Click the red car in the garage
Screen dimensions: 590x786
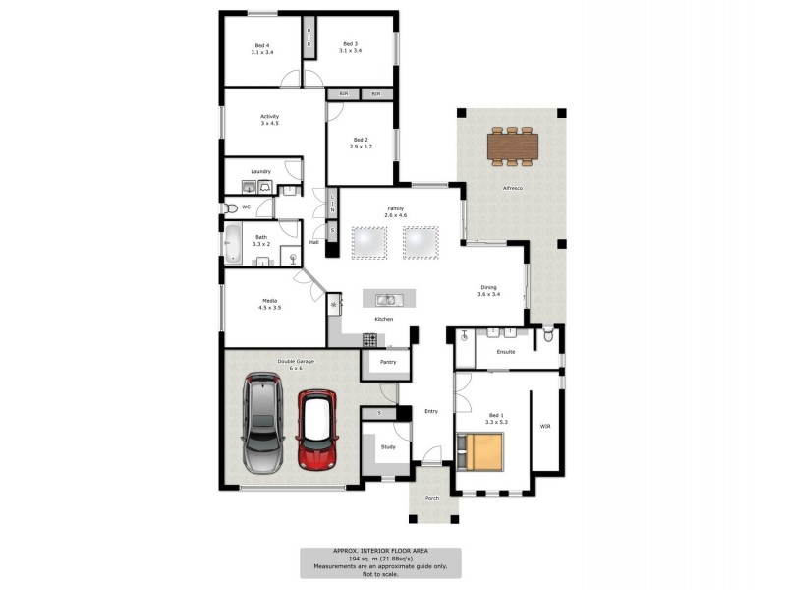coord(316,430)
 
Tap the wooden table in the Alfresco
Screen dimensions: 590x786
coord(512,147)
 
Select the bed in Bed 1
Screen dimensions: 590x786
coord(483,451)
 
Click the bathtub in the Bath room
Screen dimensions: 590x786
coord(234,243)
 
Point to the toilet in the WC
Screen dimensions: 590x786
coord(230,207)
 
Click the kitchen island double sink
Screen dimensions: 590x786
coord(388,299)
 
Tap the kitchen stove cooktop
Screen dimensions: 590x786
coord(370,339)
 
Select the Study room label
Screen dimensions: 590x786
coord(387,446)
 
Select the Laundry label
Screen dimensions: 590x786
coord(260,171)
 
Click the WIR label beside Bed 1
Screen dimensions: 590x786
coord(545,426)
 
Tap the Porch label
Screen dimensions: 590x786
coord(432,498)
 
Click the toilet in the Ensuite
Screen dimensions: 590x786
coord(549,337)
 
